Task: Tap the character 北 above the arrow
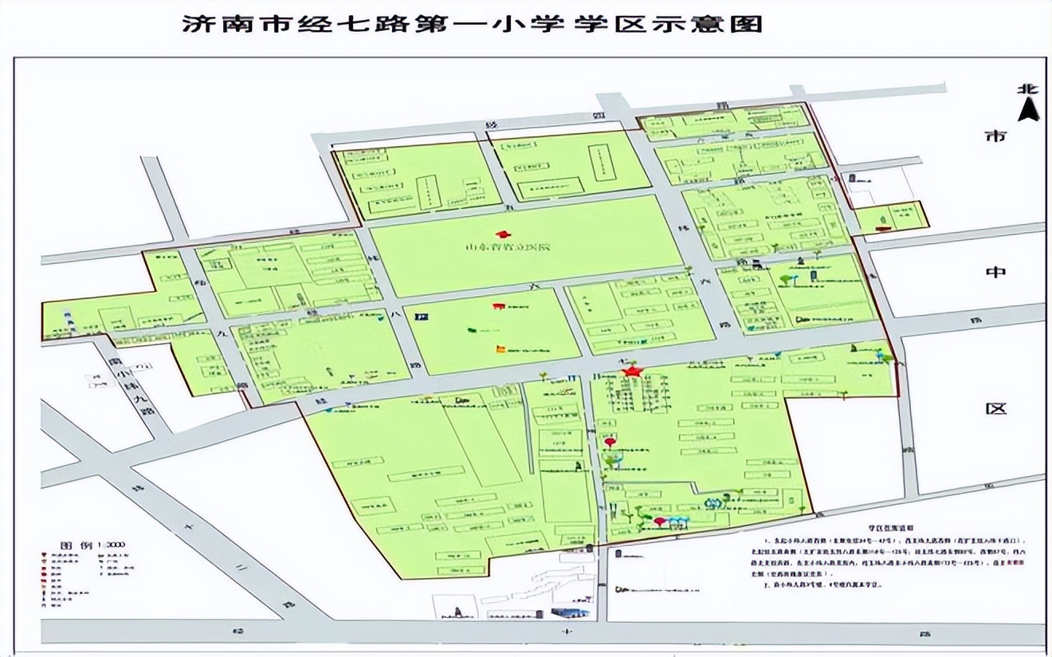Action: pyautogui.click(x=1028, y=89)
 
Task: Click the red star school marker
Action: pyautogui.click(x=632, y=371)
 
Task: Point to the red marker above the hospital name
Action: pyautogui.click(x=502, y=234)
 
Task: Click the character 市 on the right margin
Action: pyautogui.click(x=996, y=136)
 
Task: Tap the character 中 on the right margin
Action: pyautogui.click(x=996, y=272)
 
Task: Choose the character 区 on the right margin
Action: pyautogui.click(x=996, y=408)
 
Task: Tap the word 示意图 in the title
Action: pyautogui.click(x=721, y=24)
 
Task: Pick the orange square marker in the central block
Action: pyautogui.click(x=500, y=348)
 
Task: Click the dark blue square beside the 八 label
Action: pyautogui.click(x=417, y=317)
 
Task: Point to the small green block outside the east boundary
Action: pyautogui.click(x=892, y=217)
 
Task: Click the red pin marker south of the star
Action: pyautogui.click(x=610, y=442)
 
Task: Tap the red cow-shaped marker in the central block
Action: pyautogui.click(x=499, y=305)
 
